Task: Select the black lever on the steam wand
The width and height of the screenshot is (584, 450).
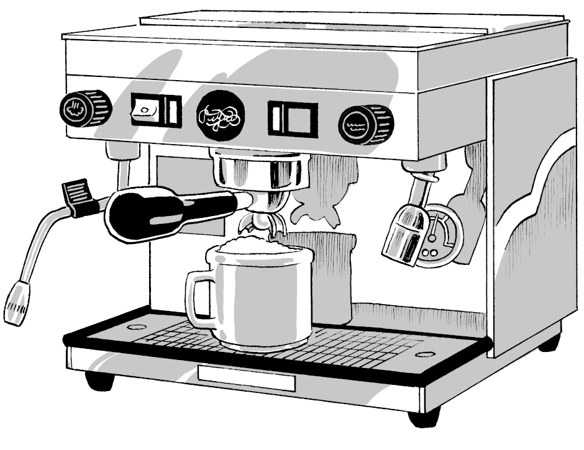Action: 78,195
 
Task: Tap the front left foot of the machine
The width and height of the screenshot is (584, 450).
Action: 99,380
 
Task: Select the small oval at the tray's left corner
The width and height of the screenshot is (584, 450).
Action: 136,326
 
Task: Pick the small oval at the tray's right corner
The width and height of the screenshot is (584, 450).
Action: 425,355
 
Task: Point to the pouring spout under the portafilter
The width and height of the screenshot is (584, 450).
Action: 261,223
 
